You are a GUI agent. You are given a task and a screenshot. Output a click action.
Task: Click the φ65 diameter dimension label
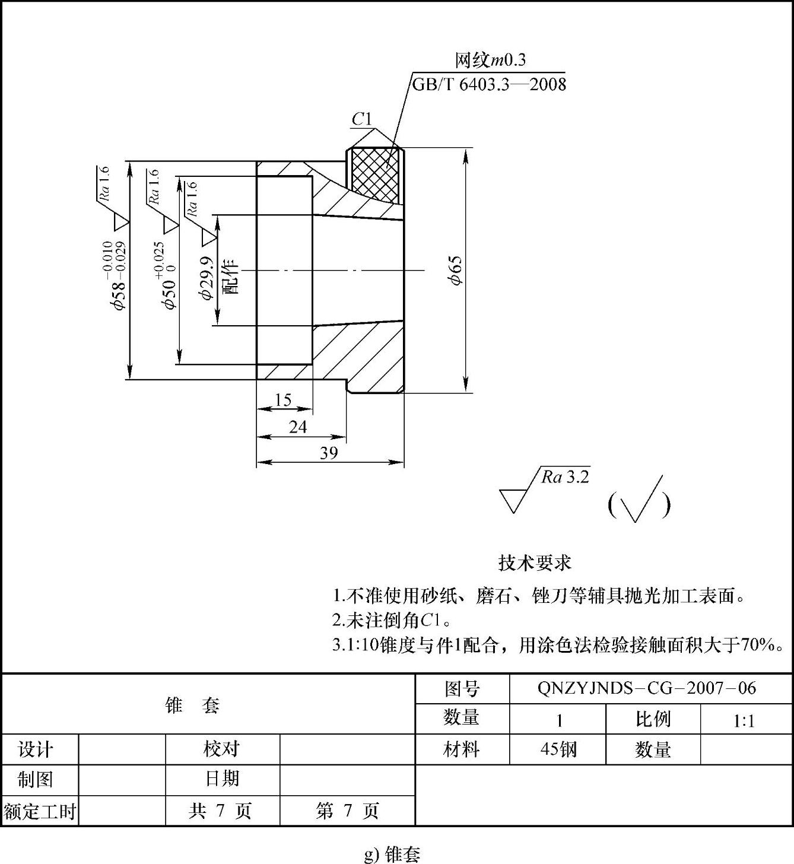point(455,271)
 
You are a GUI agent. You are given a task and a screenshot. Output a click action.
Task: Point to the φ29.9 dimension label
point(207,278)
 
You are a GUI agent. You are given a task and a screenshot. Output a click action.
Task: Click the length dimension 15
point(283,400)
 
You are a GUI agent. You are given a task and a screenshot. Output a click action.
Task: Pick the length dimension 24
point(297,427)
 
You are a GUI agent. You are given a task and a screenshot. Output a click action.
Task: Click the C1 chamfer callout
point(361,119)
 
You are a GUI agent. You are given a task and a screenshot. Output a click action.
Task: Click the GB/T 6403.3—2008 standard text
point(489,84)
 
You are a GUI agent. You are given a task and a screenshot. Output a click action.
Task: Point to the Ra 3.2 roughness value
point(565,477)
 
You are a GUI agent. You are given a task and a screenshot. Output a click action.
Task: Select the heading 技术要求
point(534,563)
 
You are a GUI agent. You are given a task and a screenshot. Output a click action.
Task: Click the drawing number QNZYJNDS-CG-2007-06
point(647,688)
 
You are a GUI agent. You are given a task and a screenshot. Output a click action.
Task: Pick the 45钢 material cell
point(558,749)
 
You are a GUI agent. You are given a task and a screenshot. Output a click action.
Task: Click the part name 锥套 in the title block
point(193,705)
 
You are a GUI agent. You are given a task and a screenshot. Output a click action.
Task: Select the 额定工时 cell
point(40,811)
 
